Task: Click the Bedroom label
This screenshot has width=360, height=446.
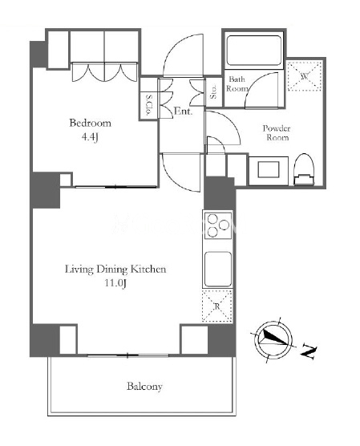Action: (90, 124)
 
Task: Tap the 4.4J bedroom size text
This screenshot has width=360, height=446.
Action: (90, 137)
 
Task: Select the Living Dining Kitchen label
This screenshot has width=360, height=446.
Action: (115, 269)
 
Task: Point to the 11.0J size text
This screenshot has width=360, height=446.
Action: (115, 283)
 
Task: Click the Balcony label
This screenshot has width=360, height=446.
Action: (144, 387)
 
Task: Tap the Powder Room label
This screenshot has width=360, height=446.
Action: (277, 133)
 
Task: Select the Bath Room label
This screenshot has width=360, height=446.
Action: (237, 83)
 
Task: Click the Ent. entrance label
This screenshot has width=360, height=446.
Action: (183, 111)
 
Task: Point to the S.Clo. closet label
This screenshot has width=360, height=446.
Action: (148, 104)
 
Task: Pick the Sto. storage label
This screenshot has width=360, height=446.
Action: (213, 91)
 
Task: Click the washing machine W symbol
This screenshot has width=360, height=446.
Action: (305, 76)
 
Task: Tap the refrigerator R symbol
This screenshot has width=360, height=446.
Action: (217, 306)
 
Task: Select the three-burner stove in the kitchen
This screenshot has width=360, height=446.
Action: (217, 225)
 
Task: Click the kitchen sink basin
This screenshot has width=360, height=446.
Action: (218, 269)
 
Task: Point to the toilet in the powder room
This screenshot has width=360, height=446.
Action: (304, 169)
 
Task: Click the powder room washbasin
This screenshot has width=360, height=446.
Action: (269, 170)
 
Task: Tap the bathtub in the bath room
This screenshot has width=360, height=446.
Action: (253, 51)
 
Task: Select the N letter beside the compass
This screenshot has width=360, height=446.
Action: (309, 351)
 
